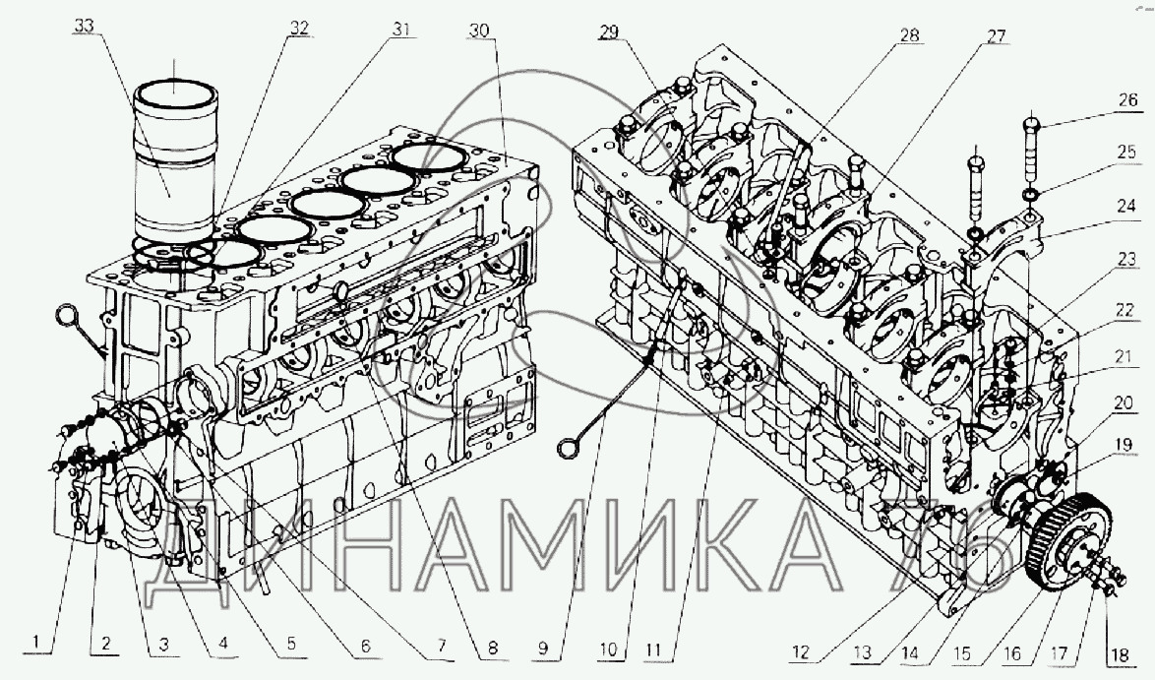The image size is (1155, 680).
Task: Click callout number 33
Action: point(85,27)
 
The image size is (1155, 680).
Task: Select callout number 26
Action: point(1127,100)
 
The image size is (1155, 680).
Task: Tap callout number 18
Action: point(1119,655)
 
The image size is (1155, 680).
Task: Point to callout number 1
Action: point(35,643)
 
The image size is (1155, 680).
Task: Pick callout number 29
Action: point(608,31)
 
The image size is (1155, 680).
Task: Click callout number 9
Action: point(543,648)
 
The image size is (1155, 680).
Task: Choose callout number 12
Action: point(801,652)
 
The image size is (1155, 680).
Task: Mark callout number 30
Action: point(479,31)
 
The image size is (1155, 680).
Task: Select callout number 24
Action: point(1126,206)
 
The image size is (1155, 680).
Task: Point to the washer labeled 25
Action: point(1030,194)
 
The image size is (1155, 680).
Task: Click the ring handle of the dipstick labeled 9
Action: point(570,446)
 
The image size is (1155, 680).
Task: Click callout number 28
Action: point(910,36)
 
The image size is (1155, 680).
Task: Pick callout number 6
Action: point(365,646)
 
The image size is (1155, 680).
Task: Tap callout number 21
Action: point(1123,357)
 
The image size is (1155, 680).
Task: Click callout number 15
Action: point(962,653)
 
